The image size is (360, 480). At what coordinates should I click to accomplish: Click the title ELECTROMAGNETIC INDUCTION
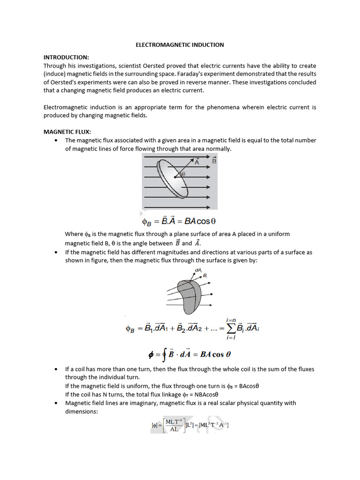pos(180,45)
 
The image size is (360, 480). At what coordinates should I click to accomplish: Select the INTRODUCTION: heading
pos(66,57)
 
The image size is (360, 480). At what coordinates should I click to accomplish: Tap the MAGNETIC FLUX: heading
pos(67,132)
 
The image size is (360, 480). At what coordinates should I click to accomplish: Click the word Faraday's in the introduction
pos(203,74)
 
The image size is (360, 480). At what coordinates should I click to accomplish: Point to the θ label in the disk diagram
pos(183,174)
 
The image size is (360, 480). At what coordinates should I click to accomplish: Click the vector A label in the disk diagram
pos(197,162)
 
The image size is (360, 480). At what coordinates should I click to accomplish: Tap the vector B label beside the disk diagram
pos(214,161)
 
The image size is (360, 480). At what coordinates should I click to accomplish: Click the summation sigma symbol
pos(231,329)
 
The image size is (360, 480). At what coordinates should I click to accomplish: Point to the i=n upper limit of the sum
pos(231,320)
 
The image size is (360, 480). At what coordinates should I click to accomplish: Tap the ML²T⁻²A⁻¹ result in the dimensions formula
pos(213,425)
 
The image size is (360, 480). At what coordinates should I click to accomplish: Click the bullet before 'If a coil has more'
pos(56,369)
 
